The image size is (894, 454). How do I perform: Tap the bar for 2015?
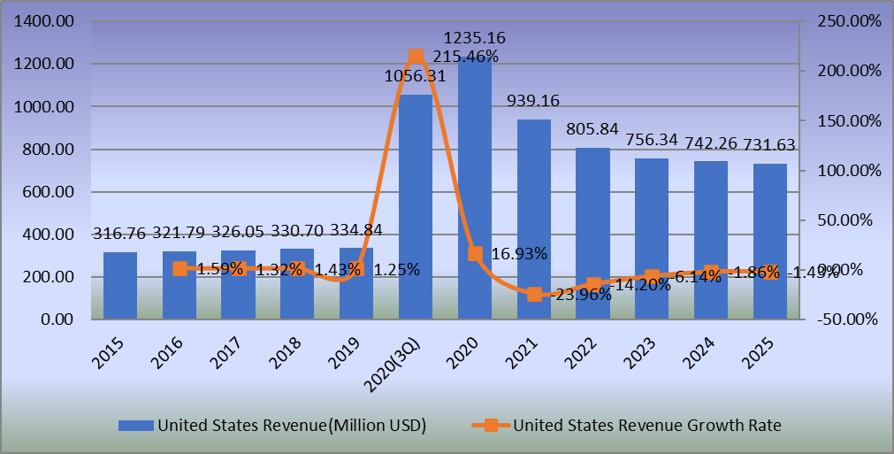(120, 285)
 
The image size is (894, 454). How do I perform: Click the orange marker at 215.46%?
(416, 57)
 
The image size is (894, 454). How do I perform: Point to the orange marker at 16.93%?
(475, 254)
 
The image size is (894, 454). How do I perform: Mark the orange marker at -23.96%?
(534, 295)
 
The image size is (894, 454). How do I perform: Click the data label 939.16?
(532, 101)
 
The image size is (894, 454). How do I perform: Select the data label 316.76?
(121, 234)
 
